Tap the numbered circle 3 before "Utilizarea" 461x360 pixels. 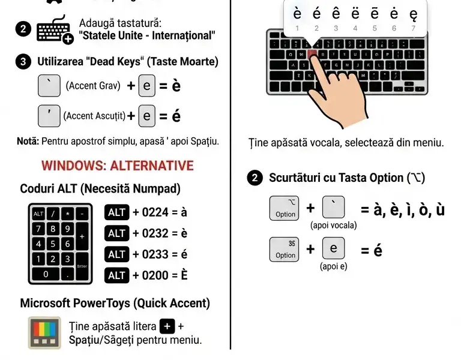[23, 62]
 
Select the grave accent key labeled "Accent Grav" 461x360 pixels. [49, 85]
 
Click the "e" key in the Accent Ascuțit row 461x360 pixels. [147, 115]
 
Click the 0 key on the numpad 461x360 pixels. [45, 274]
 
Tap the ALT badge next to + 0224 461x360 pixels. [117, 212]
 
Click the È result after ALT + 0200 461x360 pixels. [184, 275]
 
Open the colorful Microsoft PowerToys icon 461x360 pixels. [44, 332]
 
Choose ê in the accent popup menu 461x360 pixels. [336, 14]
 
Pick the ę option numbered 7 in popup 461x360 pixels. [413, 14]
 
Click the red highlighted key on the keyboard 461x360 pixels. [312, 54]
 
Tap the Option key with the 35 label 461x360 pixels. [285, 248]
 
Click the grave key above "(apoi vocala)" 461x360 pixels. [334, 208]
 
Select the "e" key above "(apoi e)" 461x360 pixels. [334, 248]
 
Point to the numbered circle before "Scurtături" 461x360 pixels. [255, 178]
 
